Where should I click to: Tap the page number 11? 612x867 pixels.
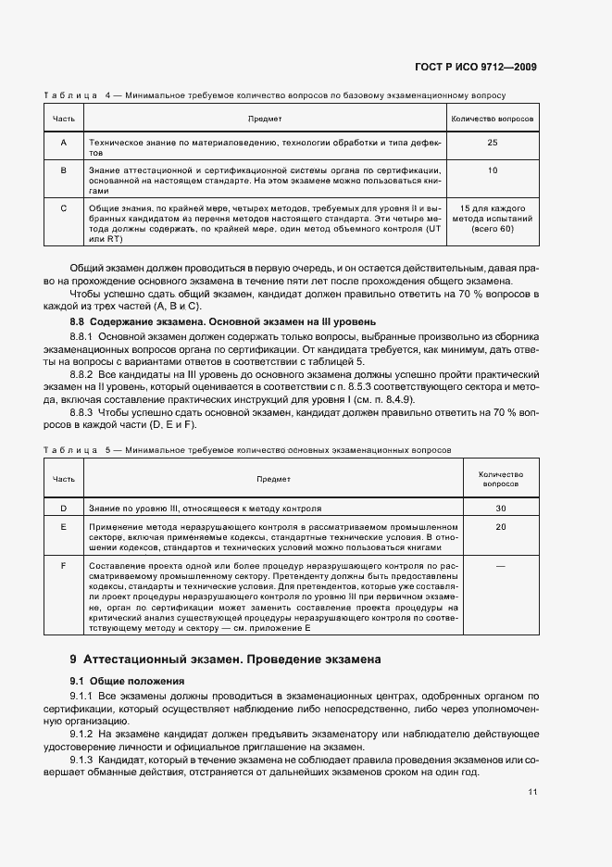pos(532,792)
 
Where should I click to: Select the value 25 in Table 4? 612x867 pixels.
pos(492,143)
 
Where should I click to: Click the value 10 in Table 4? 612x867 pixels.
pos(492,170)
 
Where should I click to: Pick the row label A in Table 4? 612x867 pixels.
pos(63,143)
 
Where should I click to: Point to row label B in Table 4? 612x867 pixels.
pos(63,170)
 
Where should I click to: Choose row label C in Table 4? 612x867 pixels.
pos(63,207)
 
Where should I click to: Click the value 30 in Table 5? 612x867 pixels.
pos(501,509)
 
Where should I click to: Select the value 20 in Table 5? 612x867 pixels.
pos(501,526)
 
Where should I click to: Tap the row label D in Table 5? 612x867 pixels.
pos(63,509)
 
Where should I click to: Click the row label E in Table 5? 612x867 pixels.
pos(63,526)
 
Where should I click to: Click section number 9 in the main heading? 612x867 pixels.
pos(73,660)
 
